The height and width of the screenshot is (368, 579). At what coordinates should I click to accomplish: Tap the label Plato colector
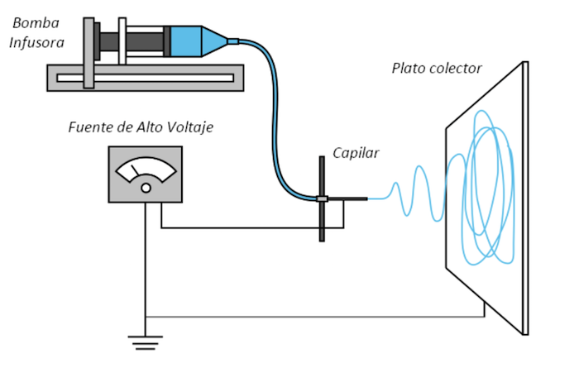pos(436,69)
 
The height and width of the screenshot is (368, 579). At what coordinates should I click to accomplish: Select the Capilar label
pos(356,152)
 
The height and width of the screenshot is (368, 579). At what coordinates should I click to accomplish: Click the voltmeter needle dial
pos(146,170)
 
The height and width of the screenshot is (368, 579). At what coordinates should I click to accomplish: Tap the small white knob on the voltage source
pos(146,189)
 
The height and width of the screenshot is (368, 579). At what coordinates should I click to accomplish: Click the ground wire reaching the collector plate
pos(331,316)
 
